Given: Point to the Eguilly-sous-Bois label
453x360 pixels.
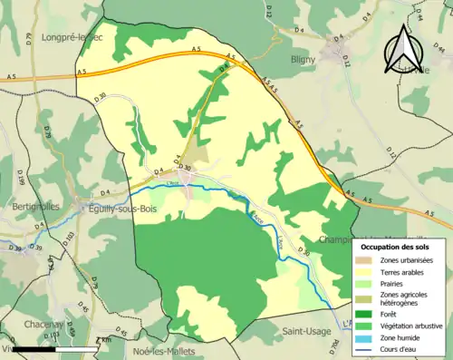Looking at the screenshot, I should click(x=91, y=207).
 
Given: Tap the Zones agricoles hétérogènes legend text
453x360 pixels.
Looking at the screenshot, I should click(x=405, y=298).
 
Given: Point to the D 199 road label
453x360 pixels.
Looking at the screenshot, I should click(x=14, y=173).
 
